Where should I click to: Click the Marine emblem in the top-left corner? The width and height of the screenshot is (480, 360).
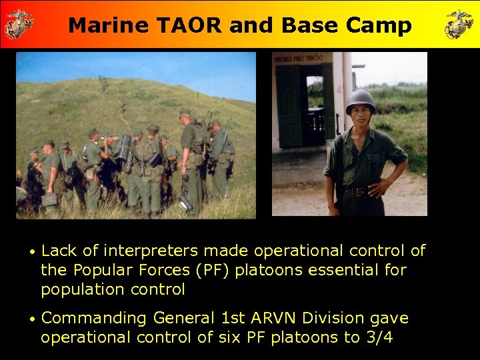click(19, 24)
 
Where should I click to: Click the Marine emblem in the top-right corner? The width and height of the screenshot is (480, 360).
click(459, 24)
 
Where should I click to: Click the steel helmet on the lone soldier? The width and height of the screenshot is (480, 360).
click(360, 100)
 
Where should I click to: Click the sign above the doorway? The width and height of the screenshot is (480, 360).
click(294, 59)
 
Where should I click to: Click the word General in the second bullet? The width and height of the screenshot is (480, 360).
click(182, 319)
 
